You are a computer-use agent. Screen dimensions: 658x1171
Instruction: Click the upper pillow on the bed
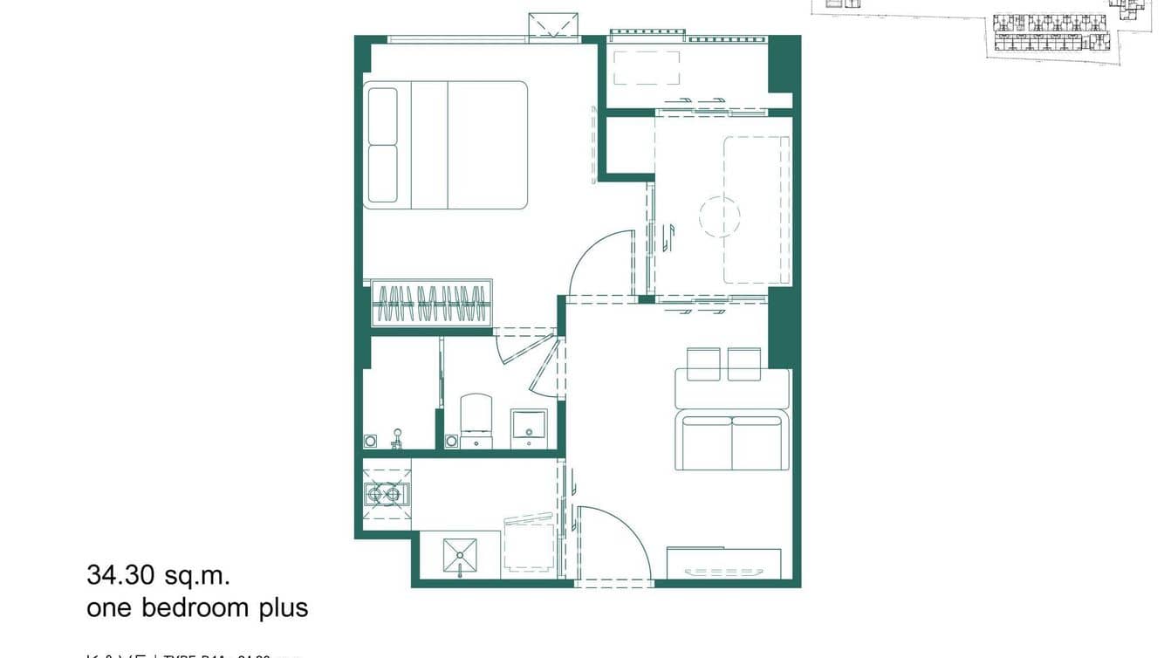(x=382, y=116)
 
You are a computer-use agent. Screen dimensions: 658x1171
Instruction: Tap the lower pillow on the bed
(x=382, y=174)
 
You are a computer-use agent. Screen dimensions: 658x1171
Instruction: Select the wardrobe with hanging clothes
(x=431, y=303)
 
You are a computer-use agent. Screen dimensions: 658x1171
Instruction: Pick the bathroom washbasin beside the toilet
(x=528, y=428)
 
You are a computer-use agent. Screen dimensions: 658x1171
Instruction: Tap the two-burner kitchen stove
(x=386, y=495)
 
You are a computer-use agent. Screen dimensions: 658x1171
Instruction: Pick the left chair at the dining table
(x=703, y=363)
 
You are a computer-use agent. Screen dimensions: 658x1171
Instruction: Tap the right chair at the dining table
(x=744, y=363)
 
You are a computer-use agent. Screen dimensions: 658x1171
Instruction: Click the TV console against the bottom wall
(x=723, y=564)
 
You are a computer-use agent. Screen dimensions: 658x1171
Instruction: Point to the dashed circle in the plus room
(x=719, y=216)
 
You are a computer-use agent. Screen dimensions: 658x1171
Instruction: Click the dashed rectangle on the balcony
(x=647, y=68)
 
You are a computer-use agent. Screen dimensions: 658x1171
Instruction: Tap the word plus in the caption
(x=282, y=607)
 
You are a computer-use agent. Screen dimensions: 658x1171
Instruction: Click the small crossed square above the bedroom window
(x=553, y=25)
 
